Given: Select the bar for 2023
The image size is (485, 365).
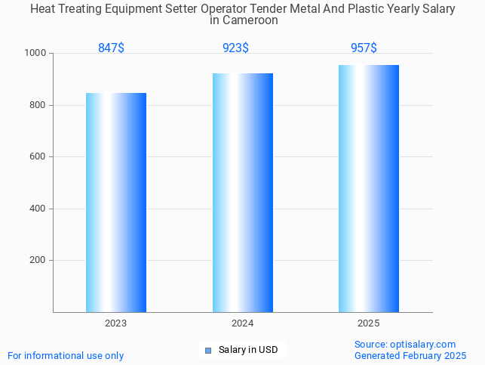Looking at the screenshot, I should pyautogui.click(x=116, y=203).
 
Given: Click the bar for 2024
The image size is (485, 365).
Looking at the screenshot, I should pyautogui.click(x=242, y=193).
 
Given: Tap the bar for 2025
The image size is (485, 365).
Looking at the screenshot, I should pyautogui.click(x=369, y=188).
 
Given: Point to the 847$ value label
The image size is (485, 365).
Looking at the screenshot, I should pyautogui.click(x=111, y=48).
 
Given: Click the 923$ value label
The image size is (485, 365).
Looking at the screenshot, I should pyautogui.click(x=235, y=48).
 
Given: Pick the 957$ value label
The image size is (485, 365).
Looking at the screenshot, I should pyautogui.click(x=364, y=48).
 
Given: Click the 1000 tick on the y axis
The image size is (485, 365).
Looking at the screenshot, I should pyautogui.click(x=35, y=54).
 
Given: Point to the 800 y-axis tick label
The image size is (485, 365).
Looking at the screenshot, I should pyautogui.click(x=38, y=105).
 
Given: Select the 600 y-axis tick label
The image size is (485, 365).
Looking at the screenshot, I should pyautogui.click(x=38, y=157).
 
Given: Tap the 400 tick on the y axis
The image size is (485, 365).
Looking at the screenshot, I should pyautogui.click(x=38, y=209).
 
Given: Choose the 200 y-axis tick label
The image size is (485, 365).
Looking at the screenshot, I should pyautogui.click(x=38, y=260).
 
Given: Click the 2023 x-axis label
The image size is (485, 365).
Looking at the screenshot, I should pyautogui.click(x=115, y=323).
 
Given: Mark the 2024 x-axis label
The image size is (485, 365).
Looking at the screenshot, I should pyautogui.click(x=242, y=323).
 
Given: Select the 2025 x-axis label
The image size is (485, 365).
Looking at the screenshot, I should pyautogui.click(x=369, y=323).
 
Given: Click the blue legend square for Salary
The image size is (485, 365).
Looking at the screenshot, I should pyautogui.click(x=208, y=350).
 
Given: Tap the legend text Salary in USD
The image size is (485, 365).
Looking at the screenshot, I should pyautogui.click(x=248, y=350).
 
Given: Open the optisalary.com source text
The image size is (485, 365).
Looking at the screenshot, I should pyautogui.click(x=405, y=345).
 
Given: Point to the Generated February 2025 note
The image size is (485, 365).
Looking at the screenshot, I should pyautogui.click(x=410, y=356).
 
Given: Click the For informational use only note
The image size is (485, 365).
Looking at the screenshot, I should pyautogui.click(x=66, y=356).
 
